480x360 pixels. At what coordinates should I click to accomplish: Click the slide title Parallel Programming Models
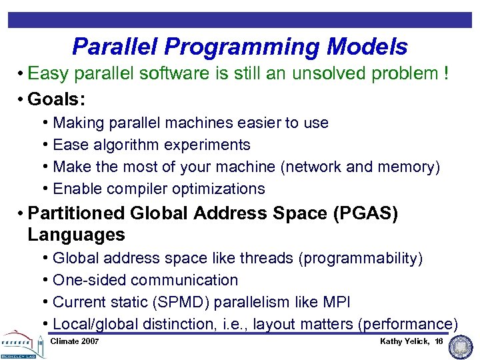pos(239,47)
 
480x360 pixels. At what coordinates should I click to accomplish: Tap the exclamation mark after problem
pos(445,74)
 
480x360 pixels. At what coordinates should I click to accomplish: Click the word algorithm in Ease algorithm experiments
pos(123,145)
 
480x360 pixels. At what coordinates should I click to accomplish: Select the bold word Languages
pos(76,235)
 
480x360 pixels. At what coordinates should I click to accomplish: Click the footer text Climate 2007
pos(75,341)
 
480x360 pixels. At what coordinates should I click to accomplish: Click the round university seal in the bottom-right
pos(461,345)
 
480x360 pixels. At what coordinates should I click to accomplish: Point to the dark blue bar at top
pos(239,20)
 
